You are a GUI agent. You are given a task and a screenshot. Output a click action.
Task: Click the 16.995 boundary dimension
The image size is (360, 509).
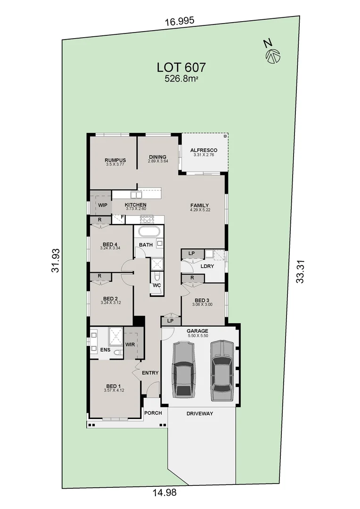tap(180, 21)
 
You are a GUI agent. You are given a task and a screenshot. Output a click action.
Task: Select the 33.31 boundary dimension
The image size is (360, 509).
tap(300, 271)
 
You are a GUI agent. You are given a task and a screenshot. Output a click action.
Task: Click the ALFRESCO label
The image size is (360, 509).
tap(204, 150)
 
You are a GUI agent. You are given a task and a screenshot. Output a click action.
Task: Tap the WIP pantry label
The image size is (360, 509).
tap(102, 205)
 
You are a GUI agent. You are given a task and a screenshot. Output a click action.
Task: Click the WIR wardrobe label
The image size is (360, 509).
tap(130, 345)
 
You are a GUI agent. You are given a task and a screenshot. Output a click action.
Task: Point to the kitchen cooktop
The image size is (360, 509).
tap(147, 218)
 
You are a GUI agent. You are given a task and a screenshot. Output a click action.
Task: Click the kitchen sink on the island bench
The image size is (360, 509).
tap(137, 194)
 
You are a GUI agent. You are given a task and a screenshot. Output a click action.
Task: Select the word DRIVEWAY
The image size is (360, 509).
tap(200, 413)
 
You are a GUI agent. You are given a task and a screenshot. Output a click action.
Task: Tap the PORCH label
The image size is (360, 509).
tap(153, 413)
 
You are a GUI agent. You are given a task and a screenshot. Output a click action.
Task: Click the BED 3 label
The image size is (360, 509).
tap(202, 300)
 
